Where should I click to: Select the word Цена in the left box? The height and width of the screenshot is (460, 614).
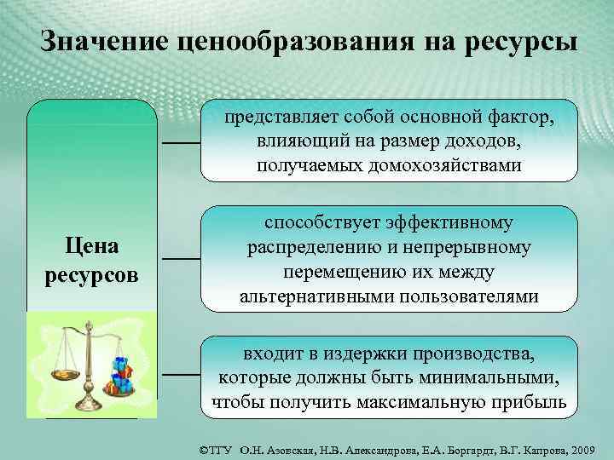[92, 248]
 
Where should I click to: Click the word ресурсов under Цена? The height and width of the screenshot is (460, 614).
[92, 276]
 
